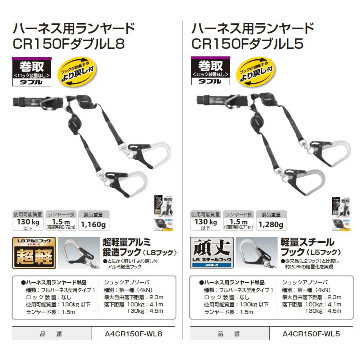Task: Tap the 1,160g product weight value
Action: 93,225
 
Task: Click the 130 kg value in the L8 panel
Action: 28,222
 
